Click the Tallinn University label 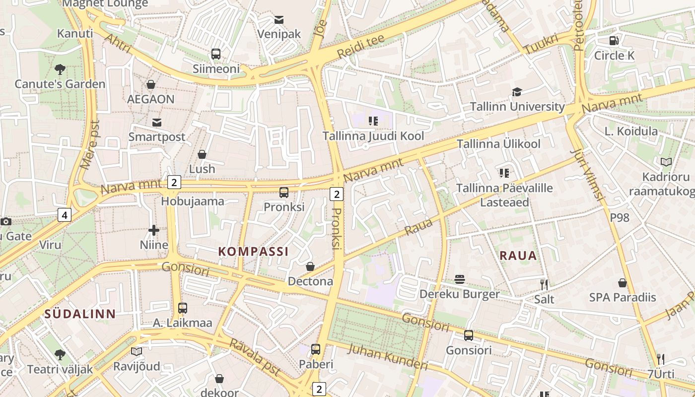[517, 107]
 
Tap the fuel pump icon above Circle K [614, 41]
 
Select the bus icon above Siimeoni [216, 54]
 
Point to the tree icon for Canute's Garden [60, 69]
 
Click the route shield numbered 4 [65, 215]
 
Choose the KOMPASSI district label [253, 251]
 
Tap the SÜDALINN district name [80, 314]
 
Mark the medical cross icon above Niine [154, 230]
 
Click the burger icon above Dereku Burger [460, 279]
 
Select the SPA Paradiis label [622, 298]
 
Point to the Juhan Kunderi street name [388, 357]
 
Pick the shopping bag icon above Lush [202, 154]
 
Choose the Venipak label [279, 34]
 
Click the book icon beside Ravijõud [137, 351]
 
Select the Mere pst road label [90, 144]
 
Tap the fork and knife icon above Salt [544, 284]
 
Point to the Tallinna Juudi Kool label [373, 136]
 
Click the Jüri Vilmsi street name [587, 174]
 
